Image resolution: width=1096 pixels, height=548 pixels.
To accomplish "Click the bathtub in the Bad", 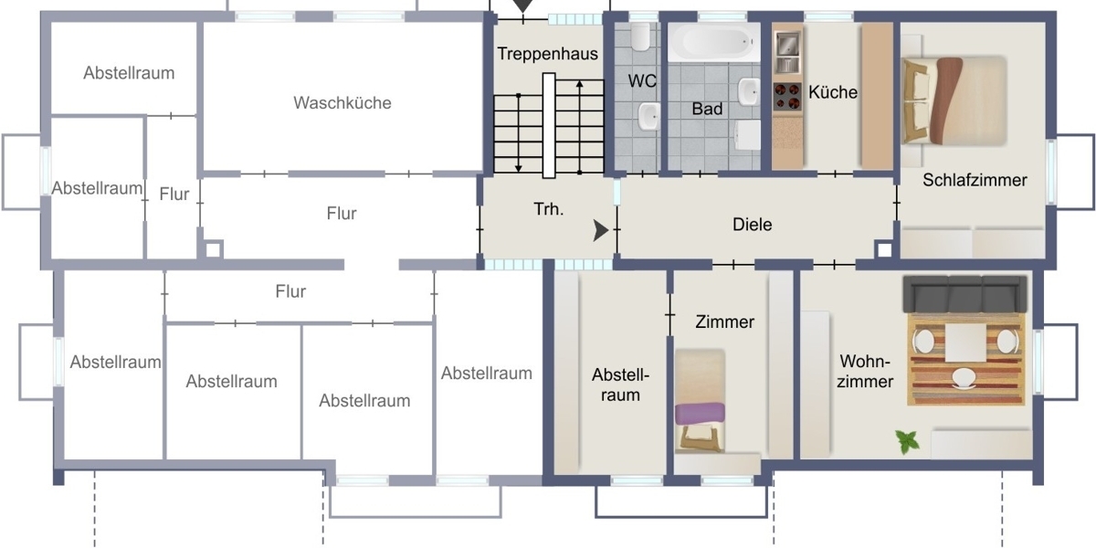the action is coord(714,43).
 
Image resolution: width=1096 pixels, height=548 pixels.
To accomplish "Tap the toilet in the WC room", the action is coord(640,37).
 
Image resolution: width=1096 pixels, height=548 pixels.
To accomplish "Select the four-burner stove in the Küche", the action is coord(787,97).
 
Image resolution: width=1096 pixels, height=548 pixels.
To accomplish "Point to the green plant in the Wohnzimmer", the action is coord(908,441).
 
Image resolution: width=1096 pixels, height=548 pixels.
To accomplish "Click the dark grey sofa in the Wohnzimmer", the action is coord(964,294).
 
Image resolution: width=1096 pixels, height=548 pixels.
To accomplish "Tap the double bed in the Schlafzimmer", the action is coord(954,100).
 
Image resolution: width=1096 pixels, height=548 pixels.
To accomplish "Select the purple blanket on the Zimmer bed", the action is coord(701,414).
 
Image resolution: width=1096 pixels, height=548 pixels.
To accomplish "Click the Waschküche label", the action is coord(342,102).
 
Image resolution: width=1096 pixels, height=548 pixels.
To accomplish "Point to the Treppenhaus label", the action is coord(547,54).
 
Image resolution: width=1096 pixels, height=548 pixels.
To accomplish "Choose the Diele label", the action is coord(752,225).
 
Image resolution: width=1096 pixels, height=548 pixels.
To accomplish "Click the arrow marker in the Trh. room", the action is coord(600,230).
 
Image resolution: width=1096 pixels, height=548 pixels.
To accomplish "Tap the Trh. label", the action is coord(549,209).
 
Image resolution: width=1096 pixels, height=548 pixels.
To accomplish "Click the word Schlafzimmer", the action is coord(975,180).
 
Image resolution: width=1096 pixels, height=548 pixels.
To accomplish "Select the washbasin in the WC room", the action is coord(649,117).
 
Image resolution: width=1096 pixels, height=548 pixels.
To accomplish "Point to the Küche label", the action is coord(833,92).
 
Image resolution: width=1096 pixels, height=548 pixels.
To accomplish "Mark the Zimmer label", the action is coord(724,321).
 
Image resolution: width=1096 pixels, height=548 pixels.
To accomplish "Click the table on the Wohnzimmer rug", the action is coord(965,343).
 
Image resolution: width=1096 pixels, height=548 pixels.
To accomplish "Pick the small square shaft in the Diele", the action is coord(884,249).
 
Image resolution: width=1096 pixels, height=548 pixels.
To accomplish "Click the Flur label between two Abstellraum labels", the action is coord(174,195).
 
